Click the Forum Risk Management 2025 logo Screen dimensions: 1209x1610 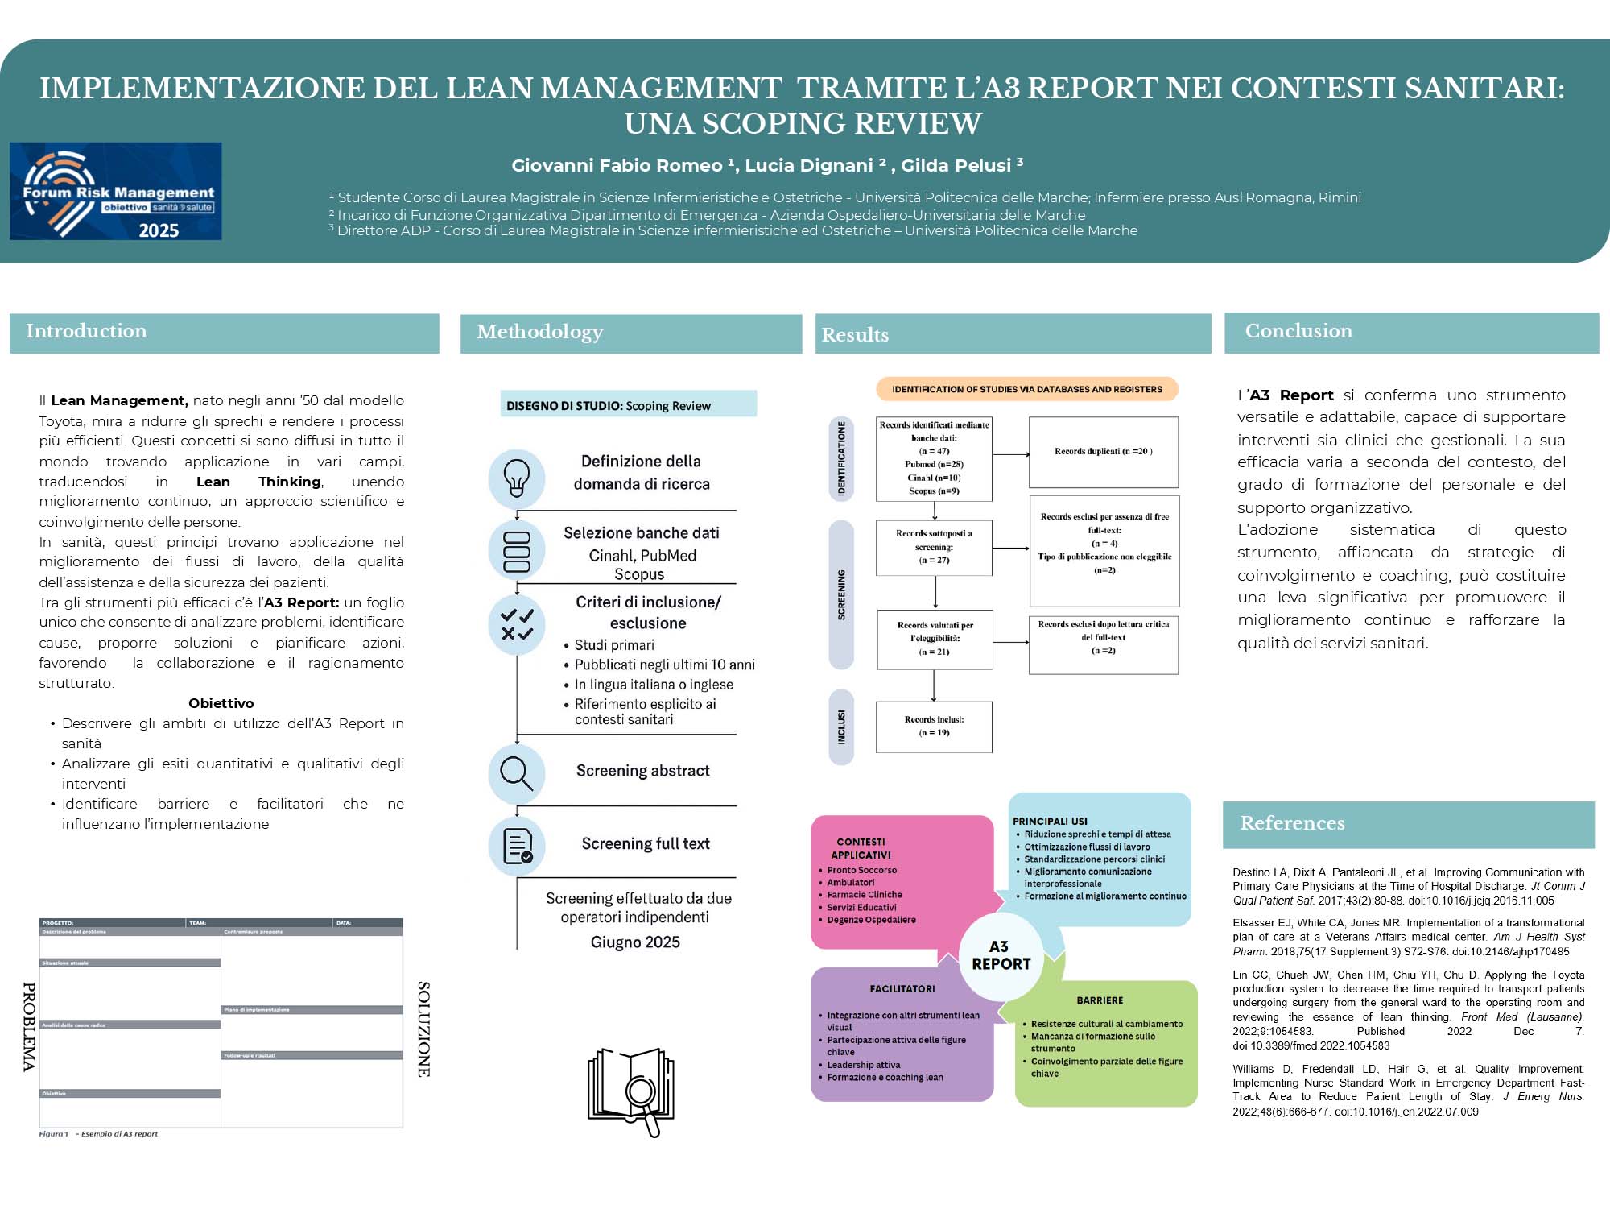[115, 191]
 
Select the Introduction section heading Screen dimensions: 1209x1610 [86, 331]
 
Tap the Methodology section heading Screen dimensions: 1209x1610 [539, 332]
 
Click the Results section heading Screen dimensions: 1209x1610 [855, 335]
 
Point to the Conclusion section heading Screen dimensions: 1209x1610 [1298, 331]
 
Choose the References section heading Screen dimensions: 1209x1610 [1291, 823]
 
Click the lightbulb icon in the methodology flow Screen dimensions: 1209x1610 [516, 478]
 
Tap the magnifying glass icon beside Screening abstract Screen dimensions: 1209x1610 [516, 773]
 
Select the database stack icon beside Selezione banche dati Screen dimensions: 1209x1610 [516, 551]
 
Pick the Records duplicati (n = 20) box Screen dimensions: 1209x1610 [1103, 452]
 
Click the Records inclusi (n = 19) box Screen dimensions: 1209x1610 [934, 727]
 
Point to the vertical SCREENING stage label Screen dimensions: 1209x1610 [841, 594]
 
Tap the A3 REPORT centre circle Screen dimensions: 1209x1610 [1001, 956]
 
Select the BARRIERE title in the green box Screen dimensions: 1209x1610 [1100, 1000]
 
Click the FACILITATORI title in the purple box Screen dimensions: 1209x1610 [902, 989]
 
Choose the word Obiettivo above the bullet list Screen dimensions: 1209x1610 [221, 703]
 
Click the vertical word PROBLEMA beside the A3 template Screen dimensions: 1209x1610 [29, 1027]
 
